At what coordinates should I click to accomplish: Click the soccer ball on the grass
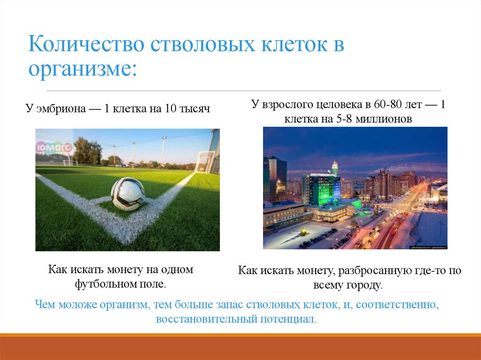tap(128, 193)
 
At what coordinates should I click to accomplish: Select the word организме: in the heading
tap(82, 69)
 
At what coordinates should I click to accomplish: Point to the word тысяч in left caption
tap(194, 109)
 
